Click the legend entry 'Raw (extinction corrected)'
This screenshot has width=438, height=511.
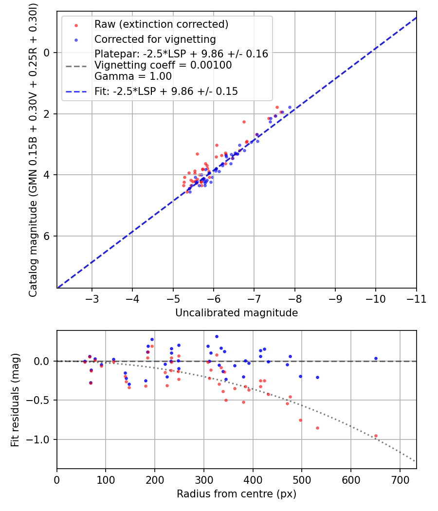tap(161, 24)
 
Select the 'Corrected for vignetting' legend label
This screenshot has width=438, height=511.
tap(155, 39)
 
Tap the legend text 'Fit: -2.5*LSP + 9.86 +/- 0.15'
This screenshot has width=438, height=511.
tap(166, 91)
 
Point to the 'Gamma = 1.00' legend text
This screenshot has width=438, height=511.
tap(133, 76)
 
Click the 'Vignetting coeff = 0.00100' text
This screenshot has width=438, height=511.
tap(163, 65)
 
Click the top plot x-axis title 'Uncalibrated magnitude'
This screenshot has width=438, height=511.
tap(237, 313)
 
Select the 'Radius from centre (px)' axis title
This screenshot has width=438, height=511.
tap(237, 494)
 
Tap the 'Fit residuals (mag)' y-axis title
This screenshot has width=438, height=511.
tap(15, 400)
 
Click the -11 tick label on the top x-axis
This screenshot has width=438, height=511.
tap(416, 299)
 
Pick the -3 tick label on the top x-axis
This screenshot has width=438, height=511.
tap(92, 299)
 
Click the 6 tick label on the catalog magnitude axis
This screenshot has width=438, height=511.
tap(47, 236)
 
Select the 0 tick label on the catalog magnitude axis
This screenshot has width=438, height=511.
tap(47, 53)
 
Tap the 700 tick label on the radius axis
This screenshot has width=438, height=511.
tap(400, 480)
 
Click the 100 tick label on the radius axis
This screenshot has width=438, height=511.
tap(106, 480)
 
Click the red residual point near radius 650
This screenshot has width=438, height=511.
tap(376, 436)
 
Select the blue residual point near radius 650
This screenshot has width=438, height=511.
tap(376, 359)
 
